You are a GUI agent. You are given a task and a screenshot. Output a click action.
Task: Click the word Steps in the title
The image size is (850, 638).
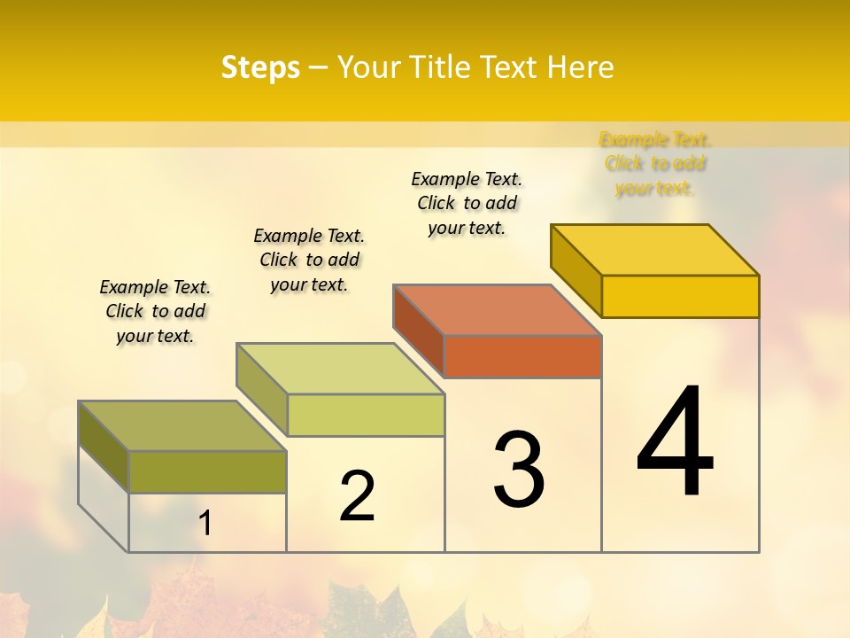[260, 67]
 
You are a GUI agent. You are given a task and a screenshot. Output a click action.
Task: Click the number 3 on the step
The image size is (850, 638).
[519, 469]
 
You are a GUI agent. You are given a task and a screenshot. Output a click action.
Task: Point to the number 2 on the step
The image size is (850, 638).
[357, 496]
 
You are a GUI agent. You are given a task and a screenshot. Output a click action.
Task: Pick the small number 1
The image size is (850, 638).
[205, 524]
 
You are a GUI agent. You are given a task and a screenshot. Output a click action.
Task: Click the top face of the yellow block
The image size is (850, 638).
[654, 249]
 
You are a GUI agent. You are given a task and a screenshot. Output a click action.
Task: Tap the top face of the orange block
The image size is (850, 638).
[497, 309]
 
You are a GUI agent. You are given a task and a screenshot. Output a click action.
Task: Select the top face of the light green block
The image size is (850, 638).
[339, 368]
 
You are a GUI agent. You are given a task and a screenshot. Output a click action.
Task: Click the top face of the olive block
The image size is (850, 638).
[182, 425]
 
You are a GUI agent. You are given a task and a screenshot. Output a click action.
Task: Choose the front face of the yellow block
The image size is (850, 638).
[680, 296]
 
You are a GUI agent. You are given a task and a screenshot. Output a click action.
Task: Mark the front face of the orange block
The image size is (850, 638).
[522, 356]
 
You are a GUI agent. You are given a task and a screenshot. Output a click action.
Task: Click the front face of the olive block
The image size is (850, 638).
[207, 471]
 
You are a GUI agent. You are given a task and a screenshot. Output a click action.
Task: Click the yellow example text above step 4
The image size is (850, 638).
[654, 163]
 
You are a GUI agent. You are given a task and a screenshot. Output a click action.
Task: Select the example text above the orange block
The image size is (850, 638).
[467, 203]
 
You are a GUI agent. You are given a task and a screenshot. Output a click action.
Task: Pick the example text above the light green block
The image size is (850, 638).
[309, 260]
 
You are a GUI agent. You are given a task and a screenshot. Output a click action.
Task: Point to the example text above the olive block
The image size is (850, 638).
[155, 311]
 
